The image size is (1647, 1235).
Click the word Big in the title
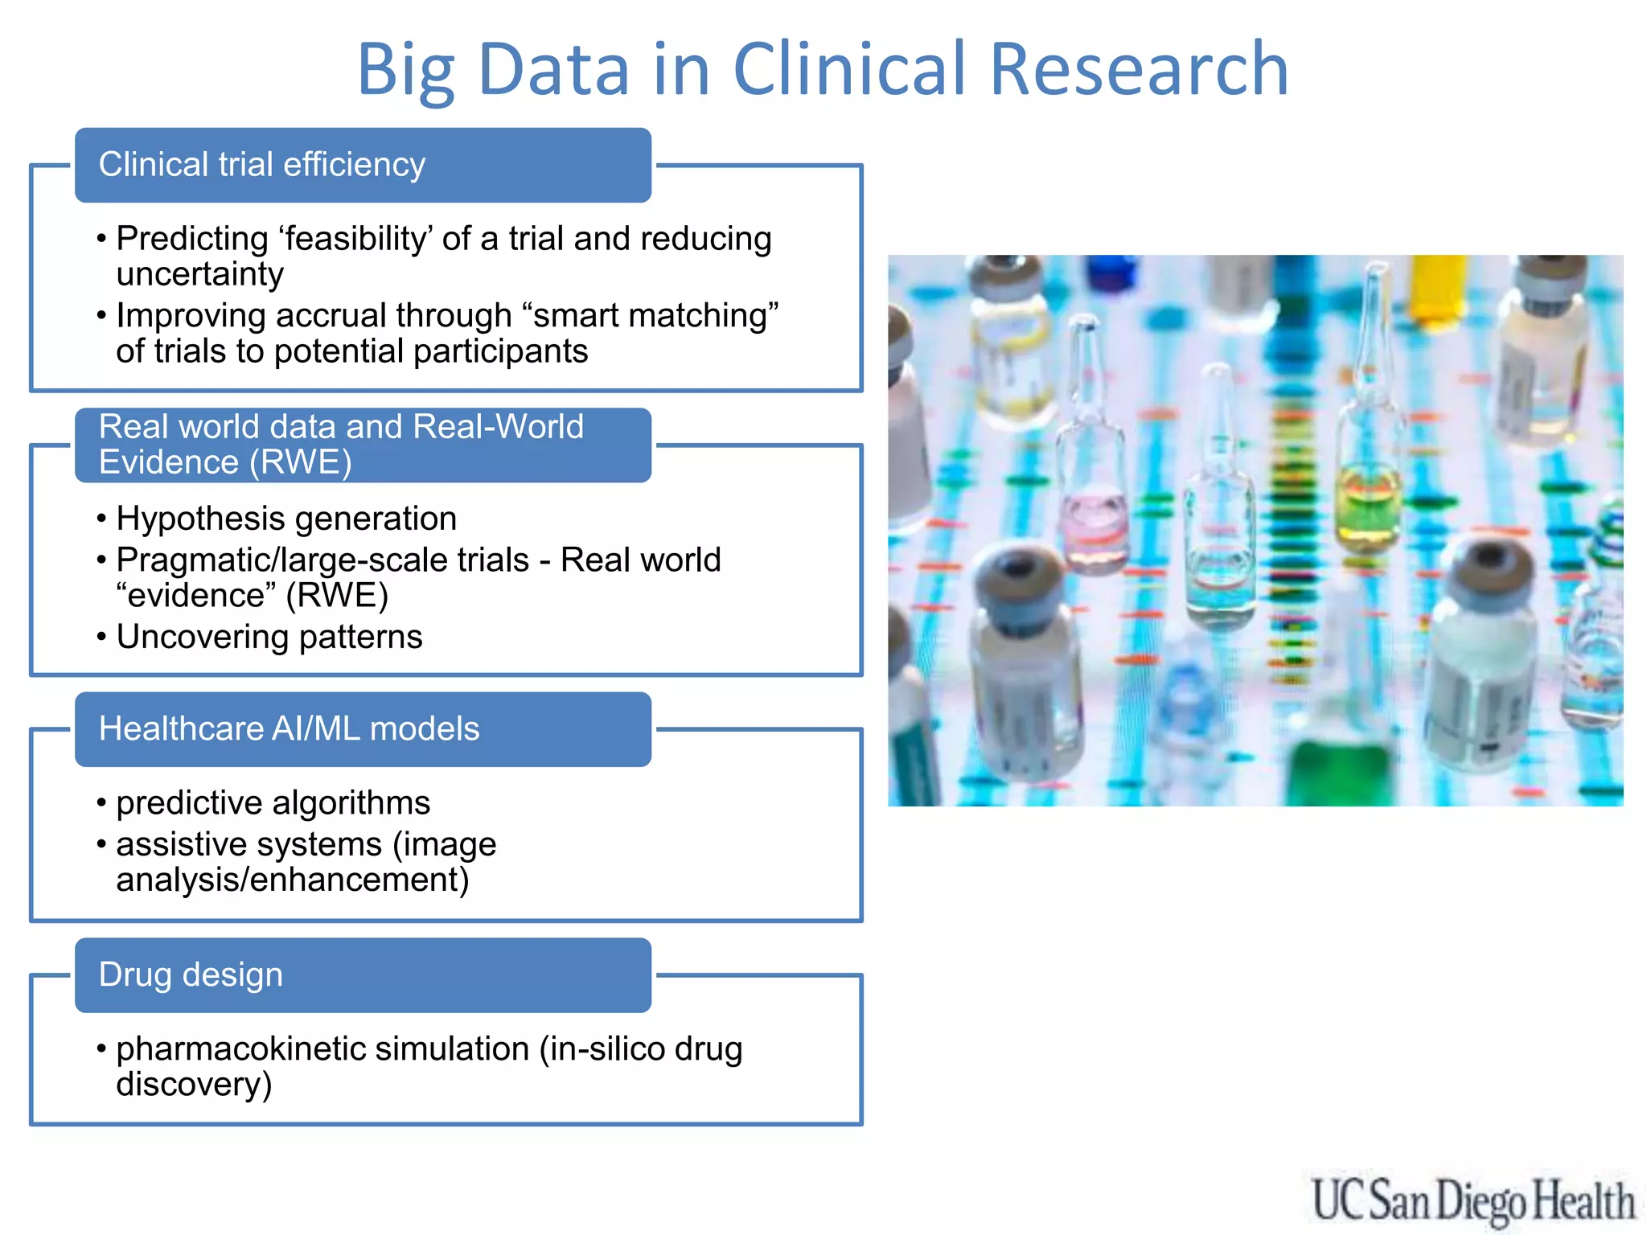(405, 71)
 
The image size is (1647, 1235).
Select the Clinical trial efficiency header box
(363, 165)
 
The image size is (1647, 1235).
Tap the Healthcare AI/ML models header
(363, 729)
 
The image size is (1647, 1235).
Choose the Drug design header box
(363, 975)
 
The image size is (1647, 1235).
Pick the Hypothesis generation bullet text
(286, 519)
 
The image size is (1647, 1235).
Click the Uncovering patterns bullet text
(269, 637)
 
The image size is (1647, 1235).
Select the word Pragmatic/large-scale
(322, 560)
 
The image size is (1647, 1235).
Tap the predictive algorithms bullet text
(273, 803)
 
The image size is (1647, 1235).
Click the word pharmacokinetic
(322, 1049)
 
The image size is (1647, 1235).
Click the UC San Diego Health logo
(1472, 1201)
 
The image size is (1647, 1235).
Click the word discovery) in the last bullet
(194, 1085)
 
